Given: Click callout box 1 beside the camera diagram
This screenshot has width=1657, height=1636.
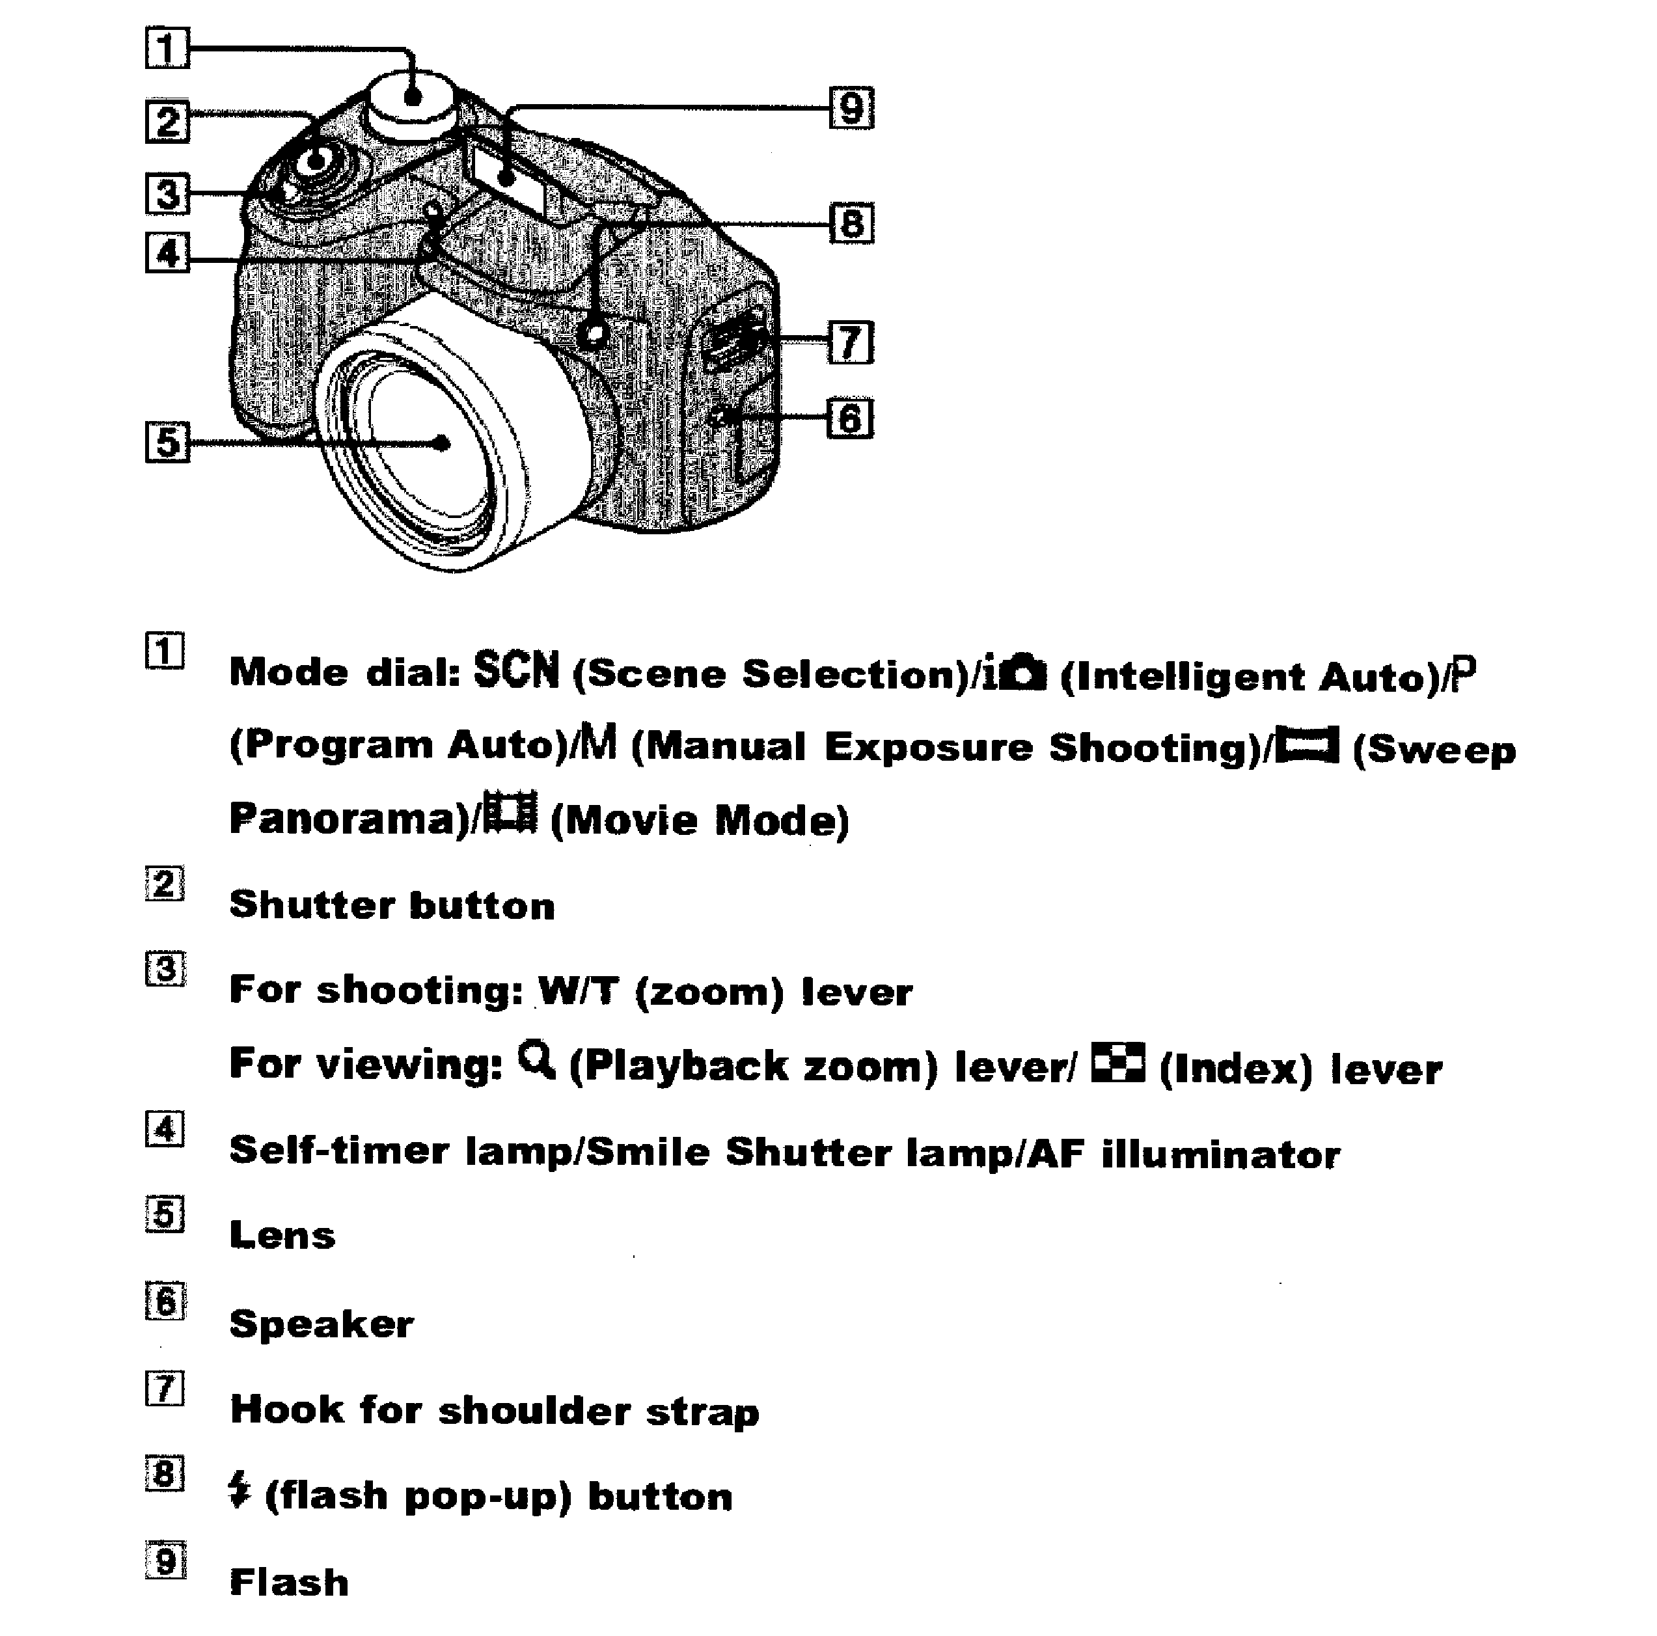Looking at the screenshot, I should pyautogui.click(x=167, y=48).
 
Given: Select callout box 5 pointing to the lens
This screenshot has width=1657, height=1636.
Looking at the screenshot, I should pyautogui.click(x=167, y=442).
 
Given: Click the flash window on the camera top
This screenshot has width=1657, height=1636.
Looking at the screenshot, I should pyautogui.click(x=508, y=178).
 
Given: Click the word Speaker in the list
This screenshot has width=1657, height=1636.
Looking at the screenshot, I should pyautogui.click(x=322, y=1324).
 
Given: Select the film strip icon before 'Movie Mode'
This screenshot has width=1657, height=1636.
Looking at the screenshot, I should pyautogui.click(x=510, y=812).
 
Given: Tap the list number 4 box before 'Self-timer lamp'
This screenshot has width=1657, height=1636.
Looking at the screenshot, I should pyautogui.click(x=165, y=1129).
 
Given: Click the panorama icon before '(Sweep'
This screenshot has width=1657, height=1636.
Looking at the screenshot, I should pyautogui.click(x=1306, y=744).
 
